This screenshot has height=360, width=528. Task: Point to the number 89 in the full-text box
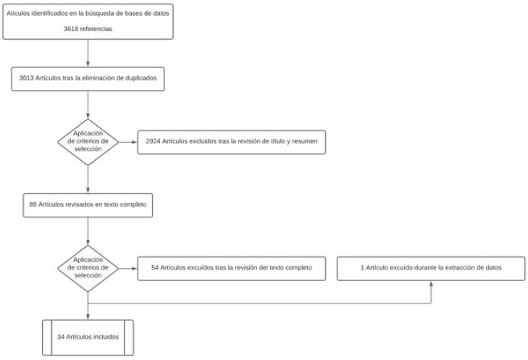33,205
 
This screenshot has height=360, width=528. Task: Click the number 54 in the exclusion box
155,267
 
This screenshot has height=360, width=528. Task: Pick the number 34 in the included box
62,338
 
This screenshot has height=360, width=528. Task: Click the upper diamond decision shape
88,141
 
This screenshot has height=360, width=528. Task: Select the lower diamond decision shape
88,268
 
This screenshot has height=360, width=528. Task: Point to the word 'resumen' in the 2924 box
305,141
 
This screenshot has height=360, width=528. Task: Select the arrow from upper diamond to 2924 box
127,141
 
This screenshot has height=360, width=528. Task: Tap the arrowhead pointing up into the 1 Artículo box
432,283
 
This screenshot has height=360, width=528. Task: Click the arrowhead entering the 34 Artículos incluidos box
88,315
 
